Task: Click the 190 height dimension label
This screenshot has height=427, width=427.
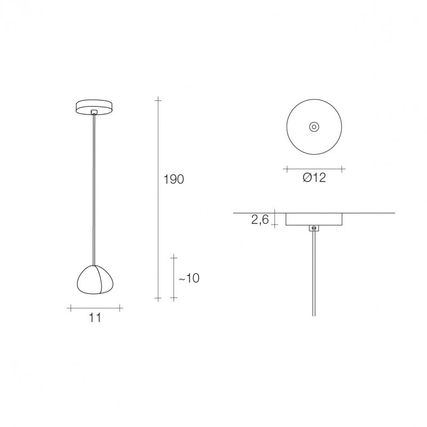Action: pos(173,180)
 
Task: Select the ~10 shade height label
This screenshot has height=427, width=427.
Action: pos(189,278)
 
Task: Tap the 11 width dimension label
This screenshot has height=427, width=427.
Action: pos(95,318)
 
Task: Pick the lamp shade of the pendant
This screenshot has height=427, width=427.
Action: pos(96,279)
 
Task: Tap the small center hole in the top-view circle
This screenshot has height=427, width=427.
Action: pos(314,126)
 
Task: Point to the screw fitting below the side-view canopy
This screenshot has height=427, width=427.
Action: pos(314,228)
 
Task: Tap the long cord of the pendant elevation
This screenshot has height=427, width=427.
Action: pos(94,187)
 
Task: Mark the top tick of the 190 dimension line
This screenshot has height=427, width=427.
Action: pos(157,100)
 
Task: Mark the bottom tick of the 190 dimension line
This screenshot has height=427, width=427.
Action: pos(157,298)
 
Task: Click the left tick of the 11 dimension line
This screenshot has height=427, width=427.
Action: pos(70,307)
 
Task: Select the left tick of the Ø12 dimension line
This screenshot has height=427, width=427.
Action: pos(287,169)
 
